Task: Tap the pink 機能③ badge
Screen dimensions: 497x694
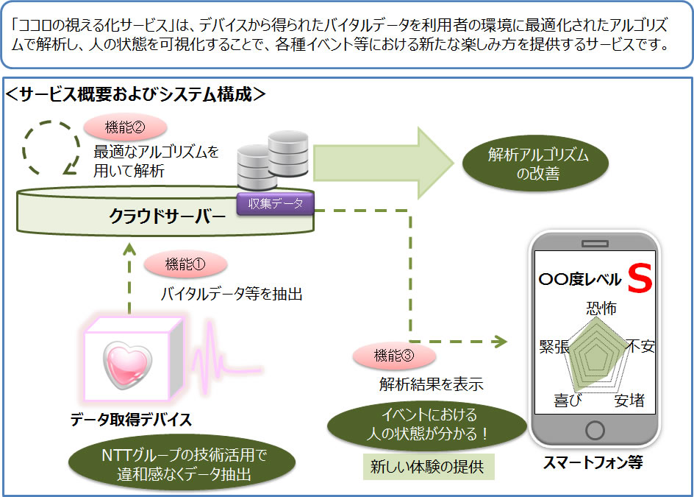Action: pos(394,356)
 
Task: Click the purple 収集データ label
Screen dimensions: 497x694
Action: pos(275,204)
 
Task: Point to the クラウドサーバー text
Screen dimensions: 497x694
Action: pos(167,216)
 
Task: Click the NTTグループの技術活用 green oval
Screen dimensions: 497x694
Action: pos(182,465)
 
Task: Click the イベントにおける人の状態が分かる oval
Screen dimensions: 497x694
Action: pos(427,423)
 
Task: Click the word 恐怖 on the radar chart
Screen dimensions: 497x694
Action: pos(601,308)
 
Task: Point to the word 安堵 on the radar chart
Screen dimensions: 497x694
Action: pos(629,400)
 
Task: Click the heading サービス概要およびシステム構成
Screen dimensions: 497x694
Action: pos(136,94)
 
